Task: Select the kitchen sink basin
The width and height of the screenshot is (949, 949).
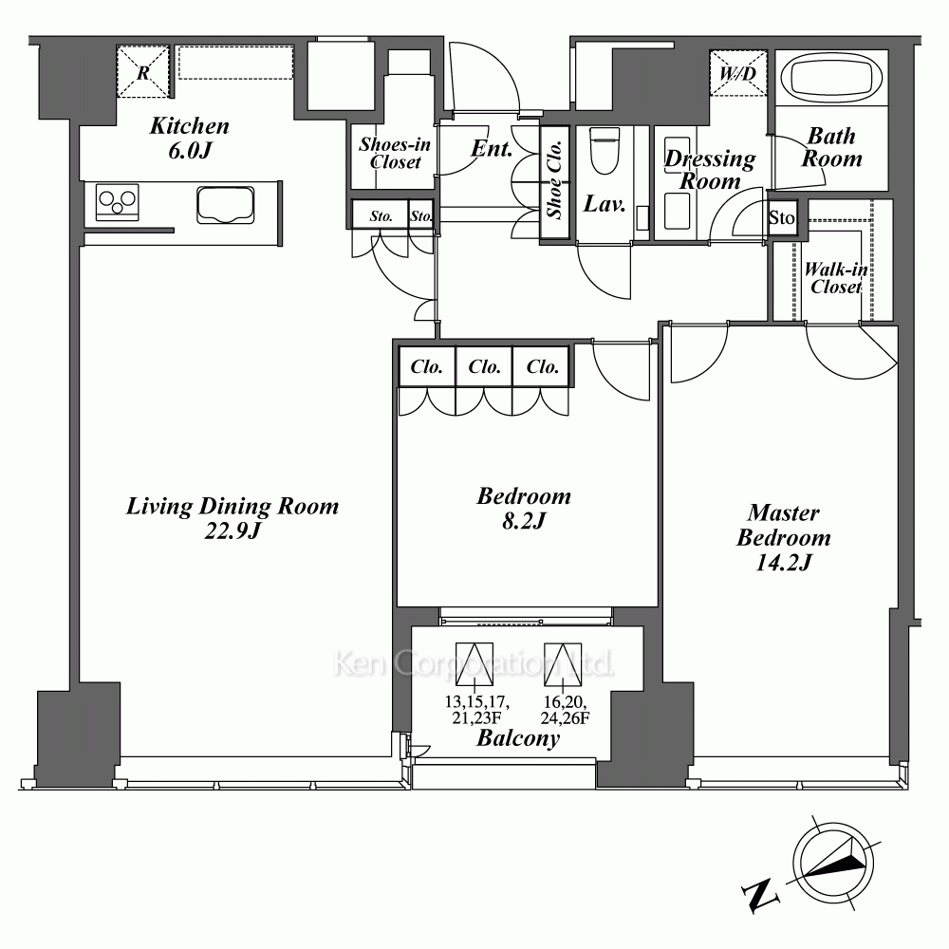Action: [225, 205]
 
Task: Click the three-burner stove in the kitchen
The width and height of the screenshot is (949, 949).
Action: [117, 201]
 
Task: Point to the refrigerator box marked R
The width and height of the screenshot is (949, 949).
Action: [142, 71]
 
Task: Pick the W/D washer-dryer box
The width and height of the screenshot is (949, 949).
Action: [737, 73]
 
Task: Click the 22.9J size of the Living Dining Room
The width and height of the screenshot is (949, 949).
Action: [233, 530]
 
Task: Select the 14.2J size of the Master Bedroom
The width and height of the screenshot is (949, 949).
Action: [783, 563]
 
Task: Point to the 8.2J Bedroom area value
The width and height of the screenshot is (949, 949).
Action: [524, 520]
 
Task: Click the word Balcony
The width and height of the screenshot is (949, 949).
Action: [518, 738]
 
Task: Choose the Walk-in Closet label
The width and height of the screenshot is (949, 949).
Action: [836, 278]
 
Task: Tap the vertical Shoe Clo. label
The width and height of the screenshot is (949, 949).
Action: [554, 179]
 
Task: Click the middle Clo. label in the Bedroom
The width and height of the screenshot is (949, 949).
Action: [484, 366]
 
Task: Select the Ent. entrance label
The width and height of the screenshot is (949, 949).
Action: [492, 148]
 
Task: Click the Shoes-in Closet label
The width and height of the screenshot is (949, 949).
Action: [395, 153]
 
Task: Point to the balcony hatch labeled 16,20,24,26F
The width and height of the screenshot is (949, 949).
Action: [562, 664]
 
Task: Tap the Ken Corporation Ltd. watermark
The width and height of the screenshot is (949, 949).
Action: [474, 664]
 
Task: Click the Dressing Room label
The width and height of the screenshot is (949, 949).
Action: [710, 170]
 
